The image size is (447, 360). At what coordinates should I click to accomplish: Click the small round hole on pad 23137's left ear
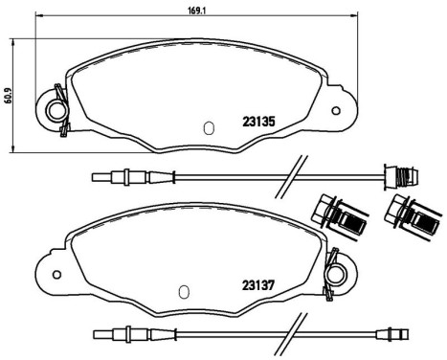(58, 273)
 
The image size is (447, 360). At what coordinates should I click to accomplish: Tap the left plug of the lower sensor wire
(123, 335)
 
